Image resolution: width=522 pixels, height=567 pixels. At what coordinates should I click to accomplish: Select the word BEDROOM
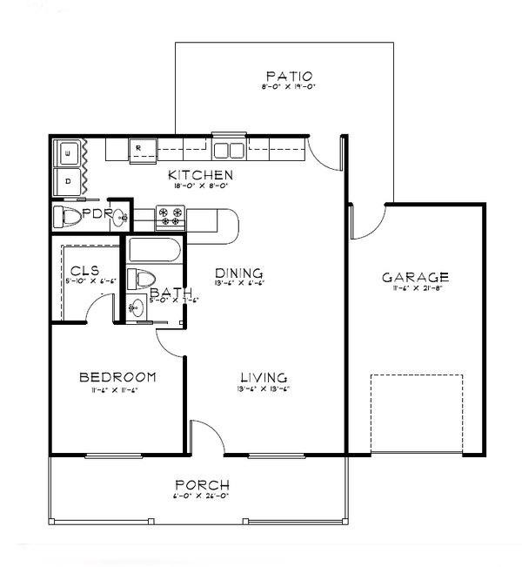117,377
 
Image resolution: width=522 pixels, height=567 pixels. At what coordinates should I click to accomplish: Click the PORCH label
202,484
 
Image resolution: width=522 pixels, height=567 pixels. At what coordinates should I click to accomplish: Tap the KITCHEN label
201,175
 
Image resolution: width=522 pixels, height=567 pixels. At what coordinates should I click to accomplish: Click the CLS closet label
84,270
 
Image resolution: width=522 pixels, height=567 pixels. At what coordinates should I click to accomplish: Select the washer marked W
67,155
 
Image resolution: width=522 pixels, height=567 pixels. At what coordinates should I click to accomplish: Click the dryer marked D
67,180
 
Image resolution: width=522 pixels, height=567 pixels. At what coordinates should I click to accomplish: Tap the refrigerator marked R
139,150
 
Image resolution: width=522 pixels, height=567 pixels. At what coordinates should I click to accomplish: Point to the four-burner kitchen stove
169,216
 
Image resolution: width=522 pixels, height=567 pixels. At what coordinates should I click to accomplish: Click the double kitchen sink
230,146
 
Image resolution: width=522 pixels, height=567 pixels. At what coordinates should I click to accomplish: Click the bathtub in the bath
154,252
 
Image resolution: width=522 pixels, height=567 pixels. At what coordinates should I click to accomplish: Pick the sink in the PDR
123,218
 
